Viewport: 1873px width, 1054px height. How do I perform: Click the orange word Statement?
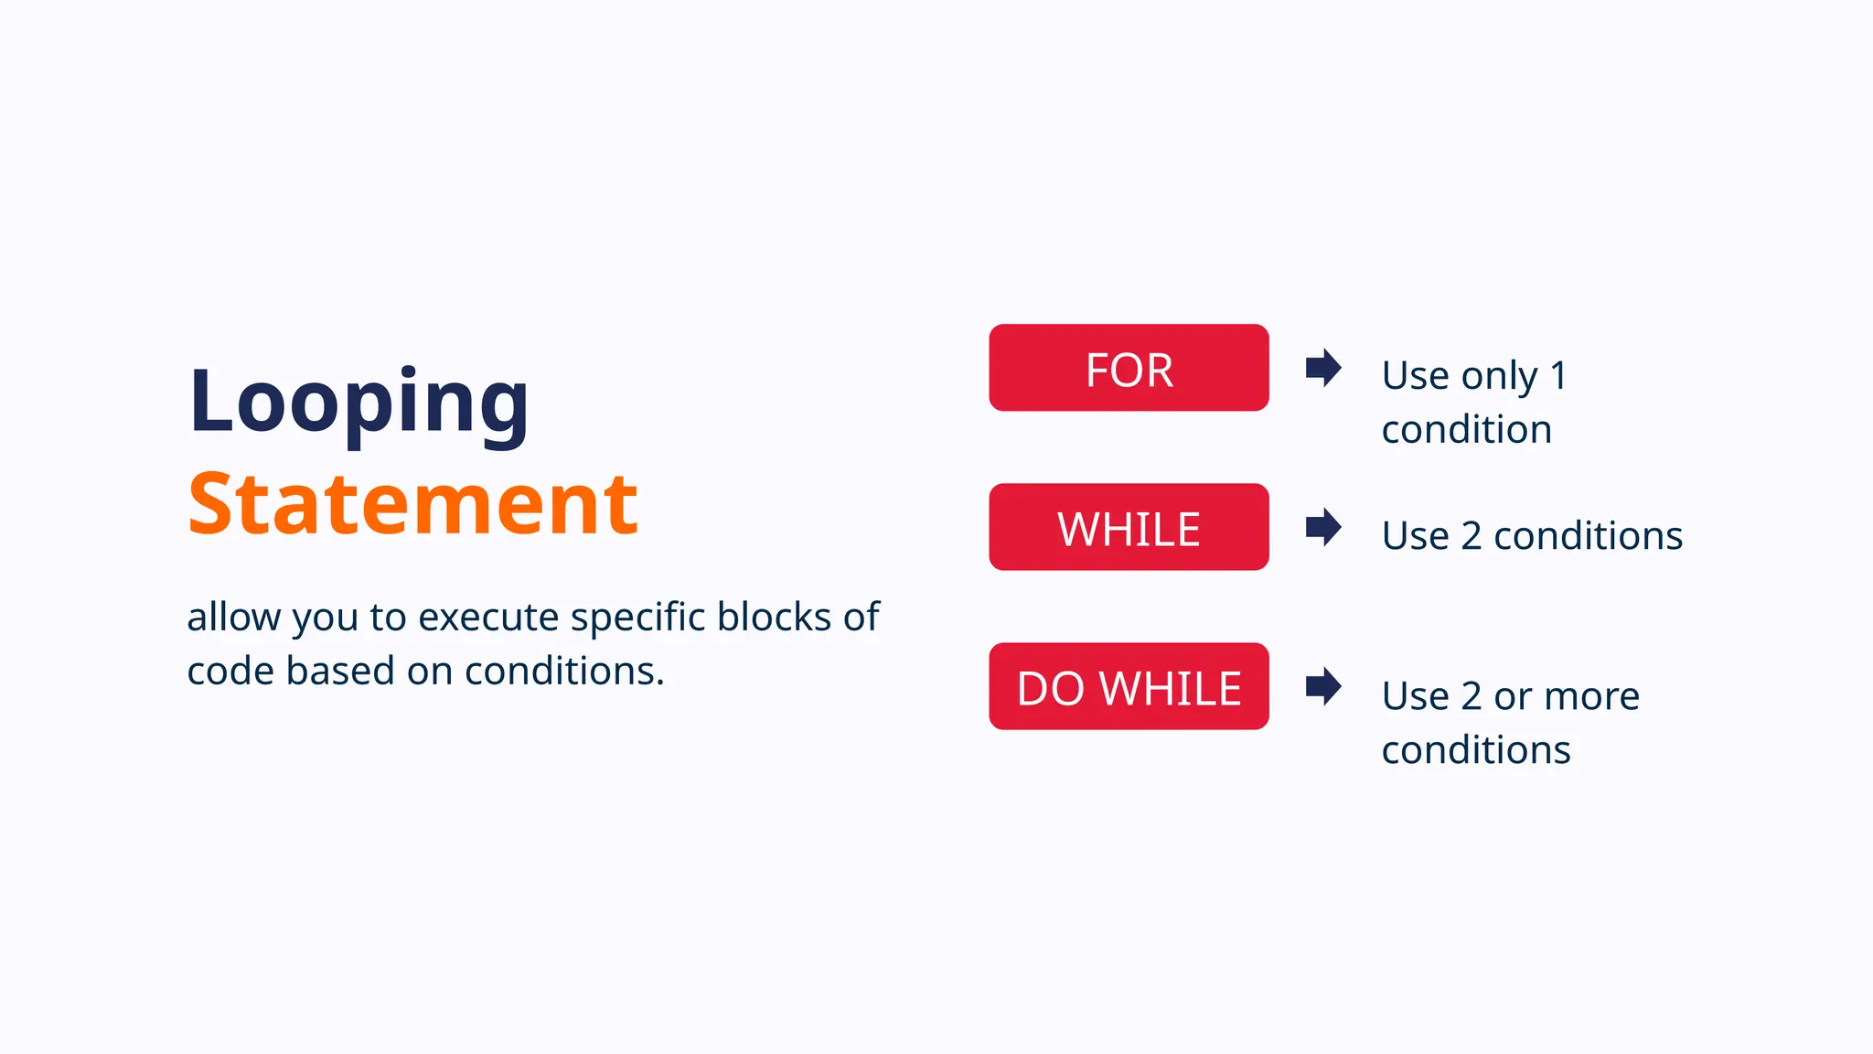[412, 504]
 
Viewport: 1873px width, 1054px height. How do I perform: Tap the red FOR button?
[1129, 368]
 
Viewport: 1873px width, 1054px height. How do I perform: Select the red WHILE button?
[1129, 527]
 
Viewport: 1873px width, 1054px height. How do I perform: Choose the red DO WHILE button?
[1129, 686]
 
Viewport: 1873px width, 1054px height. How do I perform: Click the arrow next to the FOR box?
[1323, 368]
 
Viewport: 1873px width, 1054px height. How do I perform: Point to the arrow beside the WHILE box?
[1323, 527]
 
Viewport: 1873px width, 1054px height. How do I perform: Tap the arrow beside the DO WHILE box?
[1323, 686]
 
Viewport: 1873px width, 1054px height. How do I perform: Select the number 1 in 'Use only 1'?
[1559, 375]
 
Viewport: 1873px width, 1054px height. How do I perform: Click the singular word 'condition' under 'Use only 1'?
[1467, 429]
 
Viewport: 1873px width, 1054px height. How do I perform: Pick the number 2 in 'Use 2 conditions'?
[1471, 535]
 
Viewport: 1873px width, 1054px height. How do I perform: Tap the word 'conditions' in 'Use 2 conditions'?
[1588, 535]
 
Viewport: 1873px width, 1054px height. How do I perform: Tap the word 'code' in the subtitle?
[230, 671]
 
